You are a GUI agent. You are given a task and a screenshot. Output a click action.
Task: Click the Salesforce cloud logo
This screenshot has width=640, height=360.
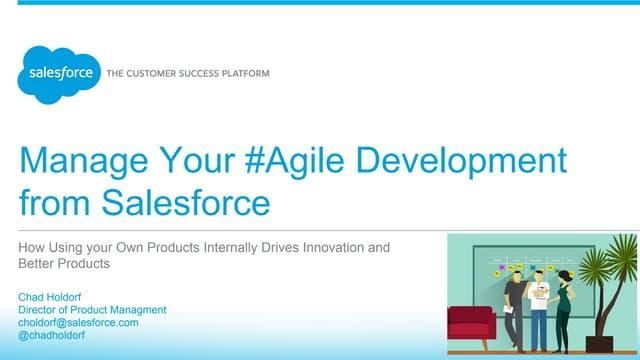pyautogui.click(x=59, y=75)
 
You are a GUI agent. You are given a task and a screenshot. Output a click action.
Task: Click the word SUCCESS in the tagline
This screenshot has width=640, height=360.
pyautogui.click(x=188, y=74)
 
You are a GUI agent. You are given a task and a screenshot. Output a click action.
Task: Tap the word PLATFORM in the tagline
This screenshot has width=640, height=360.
pyautogui.click(x=245, y=74)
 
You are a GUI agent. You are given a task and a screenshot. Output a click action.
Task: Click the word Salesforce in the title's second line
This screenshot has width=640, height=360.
pyautogui.click(x=186, y=202)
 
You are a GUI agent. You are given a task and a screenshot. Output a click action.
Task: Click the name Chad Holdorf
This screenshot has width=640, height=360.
pyautogui.click(x=49, y=297)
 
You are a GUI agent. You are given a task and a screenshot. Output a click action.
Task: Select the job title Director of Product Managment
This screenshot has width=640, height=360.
pyautogui.click(x=92, y=310)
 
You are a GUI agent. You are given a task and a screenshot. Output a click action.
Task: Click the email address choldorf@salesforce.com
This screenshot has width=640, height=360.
pyautogui.click(x=78, y=322)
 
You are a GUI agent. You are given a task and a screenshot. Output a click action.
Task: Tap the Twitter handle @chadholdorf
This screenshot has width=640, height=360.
pyautogui.click(x=51, y=335)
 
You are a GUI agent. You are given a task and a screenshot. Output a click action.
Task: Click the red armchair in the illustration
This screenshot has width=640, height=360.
pyautogui.click(x=471, y=325)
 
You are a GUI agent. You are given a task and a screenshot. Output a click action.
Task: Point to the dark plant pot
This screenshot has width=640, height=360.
pyautogui.click(x=599, y=344)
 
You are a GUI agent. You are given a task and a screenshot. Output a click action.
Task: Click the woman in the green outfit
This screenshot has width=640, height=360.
pyautogui.click(x=563, y=310)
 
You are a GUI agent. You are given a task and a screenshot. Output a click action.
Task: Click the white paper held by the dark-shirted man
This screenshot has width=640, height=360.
pyautogui.click(x=508, y=309)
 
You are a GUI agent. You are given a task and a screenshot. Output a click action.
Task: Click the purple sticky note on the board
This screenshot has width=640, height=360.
pyautogui.click(x=502, y=267)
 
